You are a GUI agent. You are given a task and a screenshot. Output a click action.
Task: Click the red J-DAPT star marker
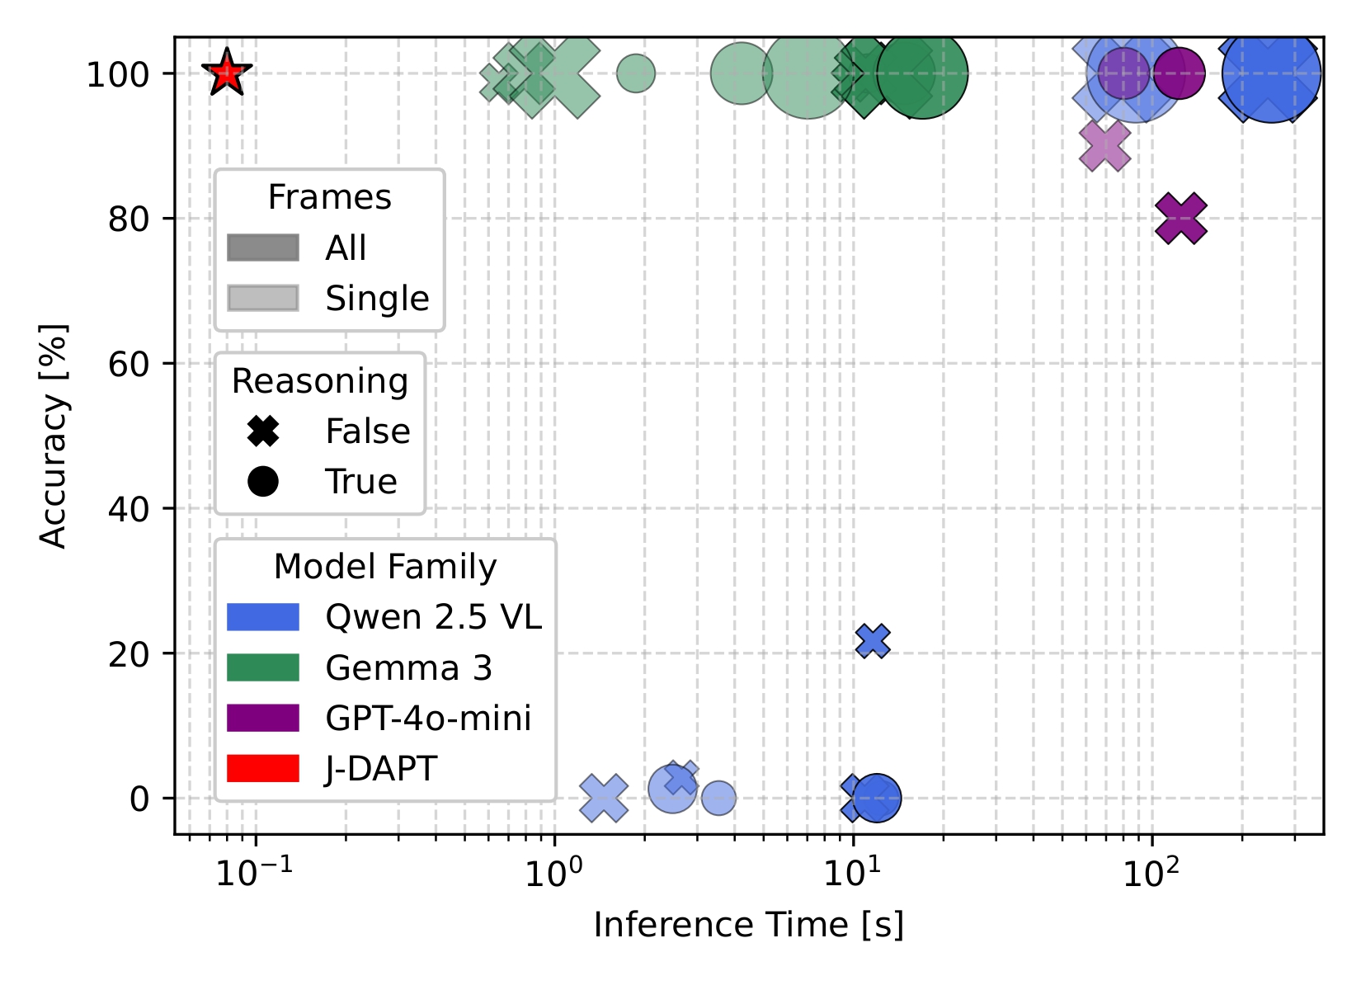pyautogui.click(x=227, y=73)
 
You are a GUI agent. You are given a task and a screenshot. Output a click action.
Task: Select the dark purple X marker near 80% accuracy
pyautogui.click(x=1181, y=219)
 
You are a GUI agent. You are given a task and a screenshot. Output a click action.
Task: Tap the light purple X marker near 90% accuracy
pyautogui.click(x=1104, y=146)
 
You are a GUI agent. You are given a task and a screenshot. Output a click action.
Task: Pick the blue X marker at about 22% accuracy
pyautogui.click(x=873, y=640)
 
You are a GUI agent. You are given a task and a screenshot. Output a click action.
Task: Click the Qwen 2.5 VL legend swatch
pyautogui.click(x=263, y=617)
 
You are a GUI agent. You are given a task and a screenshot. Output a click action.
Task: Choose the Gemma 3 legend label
pyautogui.click(x=408, y=667)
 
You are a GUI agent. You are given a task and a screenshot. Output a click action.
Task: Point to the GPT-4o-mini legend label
pyautogui.click(x=428, y=718)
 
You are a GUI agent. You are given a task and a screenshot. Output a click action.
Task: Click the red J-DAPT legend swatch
pyautogui.click(x=263, y=768)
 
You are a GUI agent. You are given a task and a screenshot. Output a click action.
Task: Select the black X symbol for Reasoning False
pyautogui.click(x=263, y=431)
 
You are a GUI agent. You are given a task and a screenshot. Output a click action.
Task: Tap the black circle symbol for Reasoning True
pyautogui.click(x=263, y=481)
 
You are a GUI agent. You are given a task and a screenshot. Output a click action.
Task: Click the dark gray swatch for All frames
pyautogui.click(x=263, y=247)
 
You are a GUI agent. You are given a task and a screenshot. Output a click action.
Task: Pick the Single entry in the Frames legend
pyautogui.click(x=377, y=298)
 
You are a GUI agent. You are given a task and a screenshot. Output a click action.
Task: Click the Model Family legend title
pyautogui.click(x=385, y=567)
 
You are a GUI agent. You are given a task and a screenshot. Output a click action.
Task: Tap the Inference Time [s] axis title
pyautogui.click(x=748, y=925)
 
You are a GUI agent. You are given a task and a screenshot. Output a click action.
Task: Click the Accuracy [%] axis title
pyautogui.click(x=54, y=436)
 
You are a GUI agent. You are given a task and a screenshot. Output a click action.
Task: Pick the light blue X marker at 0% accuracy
pyautogui.click(x=604, y=799)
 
